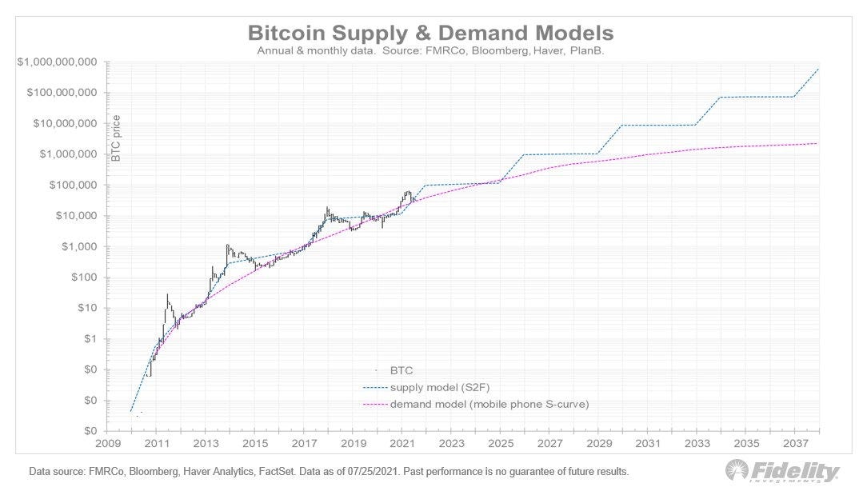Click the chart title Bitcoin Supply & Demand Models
click(431, 33)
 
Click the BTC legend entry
click(401, 371)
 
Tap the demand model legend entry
click(489, 405)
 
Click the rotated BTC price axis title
click(116, 138)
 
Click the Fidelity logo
click(782, 471)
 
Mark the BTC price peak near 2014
click(228, 246)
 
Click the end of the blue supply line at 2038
click(818, 69)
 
